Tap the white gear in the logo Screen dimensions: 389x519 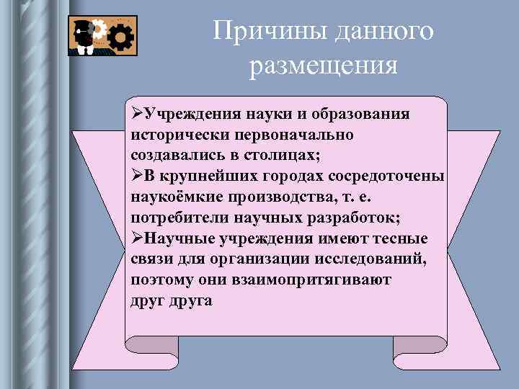tap(100, 30)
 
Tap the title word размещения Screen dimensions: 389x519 tap(324, 66)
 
